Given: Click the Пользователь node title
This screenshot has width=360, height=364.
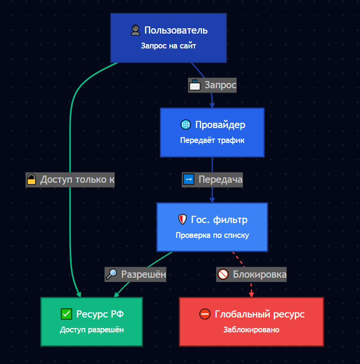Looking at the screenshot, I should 176,31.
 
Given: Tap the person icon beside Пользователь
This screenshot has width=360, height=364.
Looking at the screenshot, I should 135,31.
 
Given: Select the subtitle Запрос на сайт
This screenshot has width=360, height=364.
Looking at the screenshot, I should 168,47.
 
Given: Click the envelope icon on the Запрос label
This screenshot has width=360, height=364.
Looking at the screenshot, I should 195,85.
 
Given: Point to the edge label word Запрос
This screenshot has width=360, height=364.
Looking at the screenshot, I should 220,85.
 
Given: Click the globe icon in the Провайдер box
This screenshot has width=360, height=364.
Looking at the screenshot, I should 186,125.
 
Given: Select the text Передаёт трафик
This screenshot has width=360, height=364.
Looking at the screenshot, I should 212,141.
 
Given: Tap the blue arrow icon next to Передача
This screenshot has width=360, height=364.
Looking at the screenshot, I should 189,180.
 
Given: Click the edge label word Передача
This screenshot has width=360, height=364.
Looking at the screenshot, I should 220,180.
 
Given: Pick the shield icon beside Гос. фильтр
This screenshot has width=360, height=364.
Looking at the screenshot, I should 182,220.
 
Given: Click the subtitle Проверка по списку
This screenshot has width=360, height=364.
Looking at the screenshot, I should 212,236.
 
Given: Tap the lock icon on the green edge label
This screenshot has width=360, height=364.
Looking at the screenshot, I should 32,180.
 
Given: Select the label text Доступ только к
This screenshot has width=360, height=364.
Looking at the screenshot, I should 77,180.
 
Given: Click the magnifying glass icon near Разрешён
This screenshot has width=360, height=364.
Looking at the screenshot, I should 111,275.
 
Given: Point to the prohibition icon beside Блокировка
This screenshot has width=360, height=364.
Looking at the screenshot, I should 223,275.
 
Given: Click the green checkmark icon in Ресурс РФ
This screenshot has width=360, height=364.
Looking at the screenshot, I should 67,314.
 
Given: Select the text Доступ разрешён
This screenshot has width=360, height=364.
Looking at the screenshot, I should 92,330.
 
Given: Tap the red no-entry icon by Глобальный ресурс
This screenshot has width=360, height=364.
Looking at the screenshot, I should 205,314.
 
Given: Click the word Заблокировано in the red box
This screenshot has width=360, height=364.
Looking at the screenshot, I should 252,330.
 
